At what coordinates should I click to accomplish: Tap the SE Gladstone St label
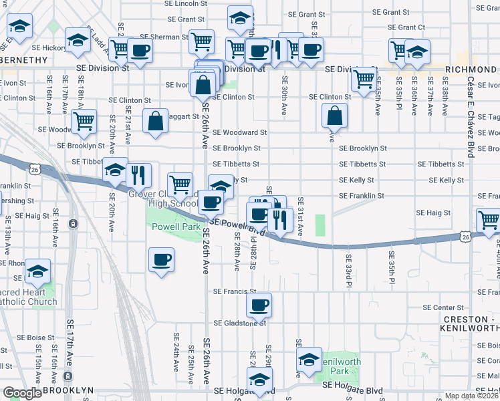[x=240, y=323]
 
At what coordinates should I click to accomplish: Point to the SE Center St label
[x=439, y=308]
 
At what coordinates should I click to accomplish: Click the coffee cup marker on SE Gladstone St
[x=259, y=305]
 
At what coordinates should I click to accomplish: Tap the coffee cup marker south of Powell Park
[x=160, y=260]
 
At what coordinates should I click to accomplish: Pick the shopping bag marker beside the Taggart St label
[x=155, y=122]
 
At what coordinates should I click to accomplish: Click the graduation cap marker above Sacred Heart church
[x=38, y=271]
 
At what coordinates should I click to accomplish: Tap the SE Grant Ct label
[x=406, y=27]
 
